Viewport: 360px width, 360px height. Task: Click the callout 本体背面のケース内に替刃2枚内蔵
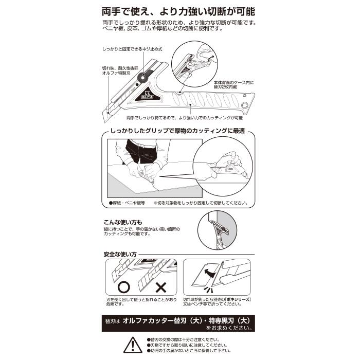coord(232,85)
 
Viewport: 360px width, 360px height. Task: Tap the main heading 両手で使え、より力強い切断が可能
coord(179,11)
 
